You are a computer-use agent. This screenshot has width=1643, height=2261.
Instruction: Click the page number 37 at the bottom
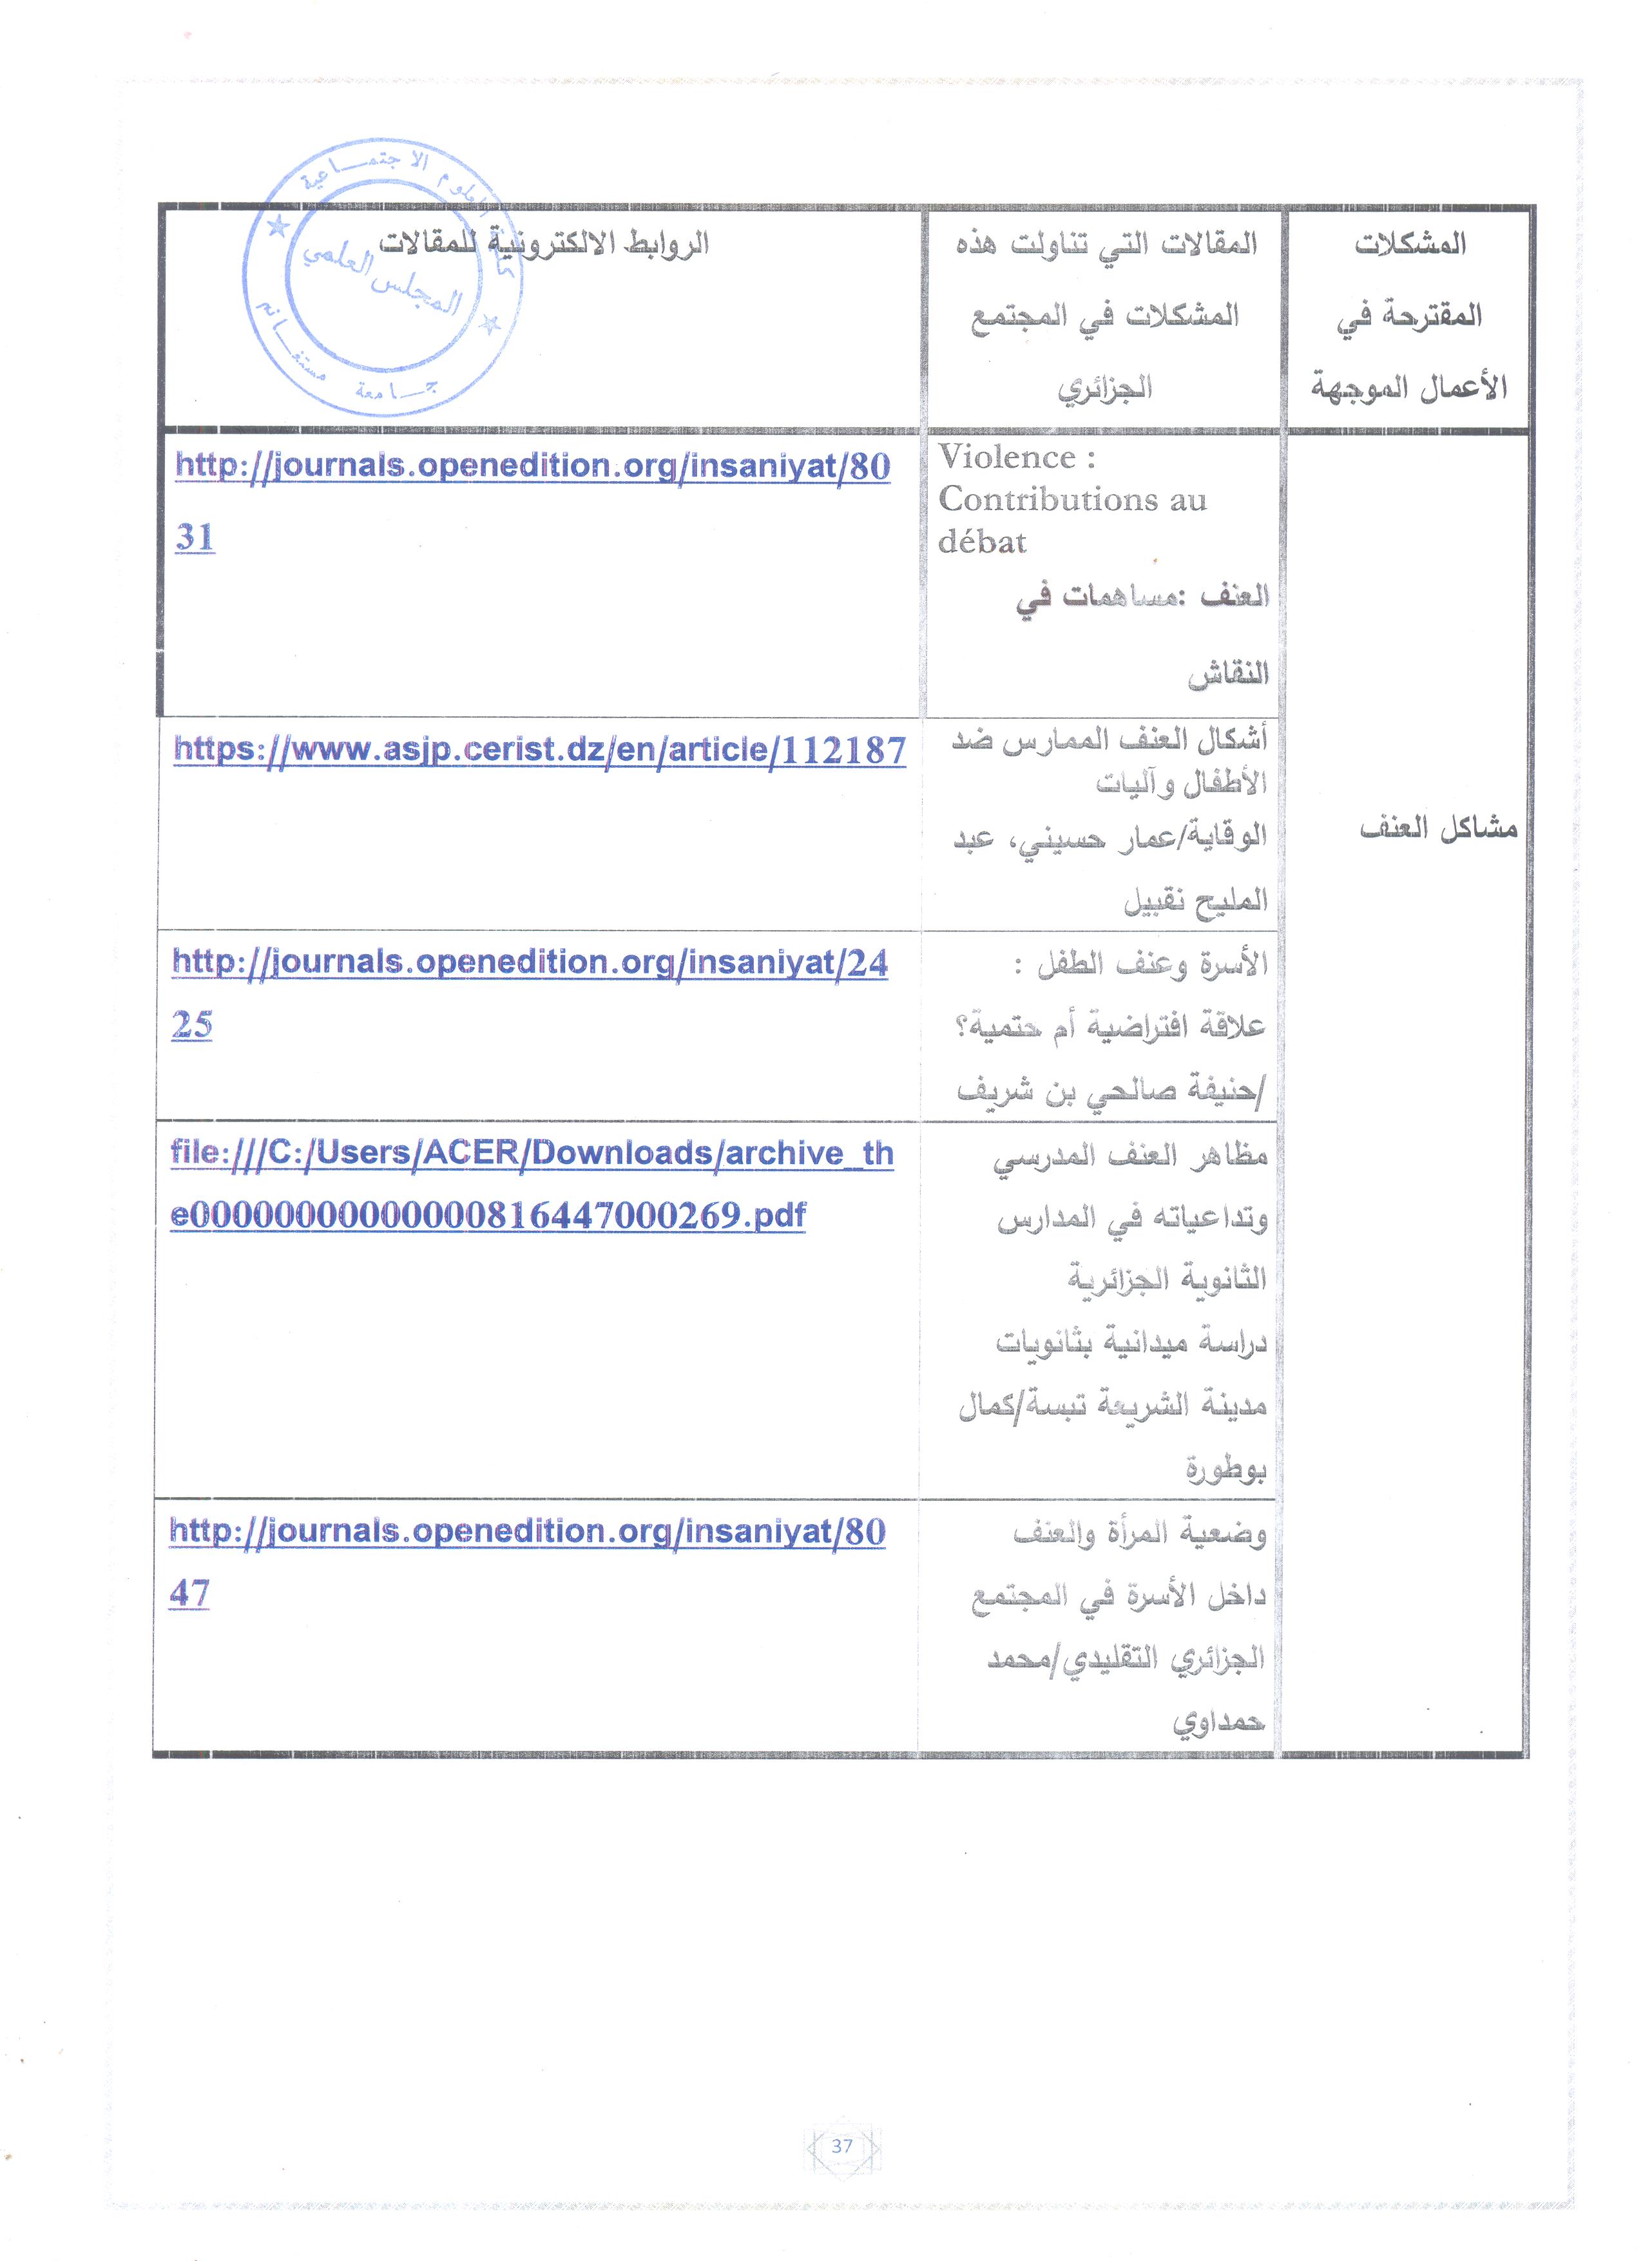tap(841, 2145)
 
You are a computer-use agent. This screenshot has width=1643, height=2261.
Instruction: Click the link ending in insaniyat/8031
tap(532, 466)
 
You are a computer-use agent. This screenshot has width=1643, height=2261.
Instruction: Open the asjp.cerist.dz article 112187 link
tap(539, 750)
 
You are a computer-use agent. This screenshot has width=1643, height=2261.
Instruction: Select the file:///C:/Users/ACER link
tap(532, 1154)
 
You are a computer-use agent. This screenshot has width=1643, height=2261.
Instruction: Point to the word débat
tap(982, 542)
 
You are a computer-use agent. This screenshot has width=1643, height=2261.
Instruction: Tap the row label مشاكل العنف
tap(1437, 828)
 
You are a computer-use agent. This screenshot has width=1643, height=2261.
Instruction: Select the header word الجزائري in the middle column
tap(1104, 386)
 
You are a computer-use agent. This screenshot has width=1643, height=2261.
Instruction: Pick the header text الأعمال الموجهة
tap(1408, 386)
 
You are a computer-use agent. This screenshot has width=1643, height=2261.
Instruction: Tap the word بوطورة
tap(1225, 1469)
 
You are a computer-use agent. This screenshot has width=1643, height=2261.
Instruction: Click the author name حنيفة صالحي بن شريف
tap(1110, 1091)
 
